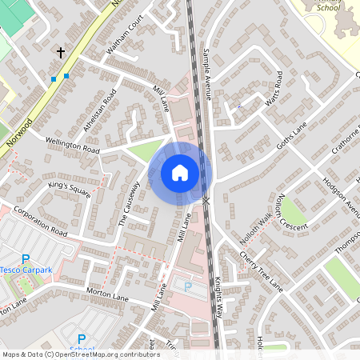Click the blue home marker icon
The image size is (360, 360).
coord(180,171)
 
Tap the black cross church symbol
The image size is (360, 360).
coord(60,53)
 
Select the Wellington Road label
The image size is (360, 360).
coord(72,145)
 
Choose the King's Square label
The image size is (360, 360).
coord(69,190)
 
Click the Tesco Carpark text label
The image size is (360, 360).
coord(26,270)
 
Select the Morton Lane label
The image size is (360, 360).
coord(107,295)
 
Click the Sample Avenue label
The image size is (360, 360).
coord(207,72)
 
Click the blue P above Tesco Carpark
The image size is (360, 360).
coord(25,258)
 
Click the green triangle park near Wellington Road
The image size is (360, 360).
coord(145,150)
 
